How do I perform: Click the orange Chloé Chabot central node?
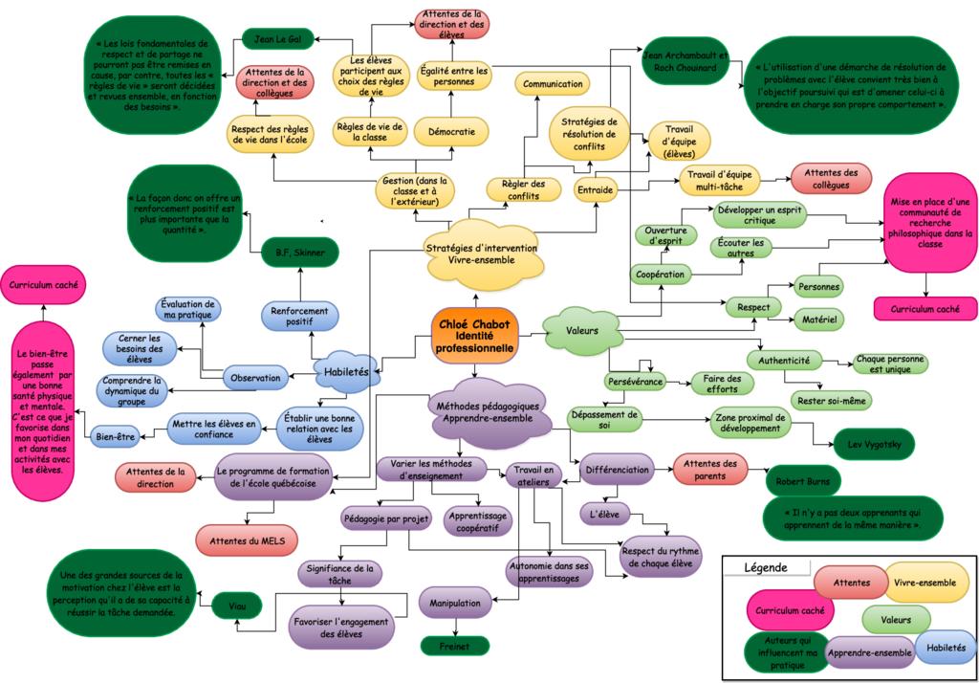(474, 335)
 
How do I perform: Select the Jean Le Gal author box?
(278, 39)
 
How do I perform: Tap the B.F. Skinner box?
(299, 253)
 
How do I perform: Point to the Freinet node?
(454, 645)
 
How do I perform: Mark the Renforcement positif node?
(299, 317)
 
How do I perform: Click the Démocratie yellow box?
(451, 131)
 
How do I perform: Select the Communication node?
(553, 84)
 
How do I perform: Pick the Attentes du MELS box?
(247, 540)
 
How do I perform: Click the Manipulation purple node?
(455, 603)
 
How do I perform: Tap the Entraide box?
(595, 189)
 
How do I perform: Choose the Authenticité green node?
(784, 361)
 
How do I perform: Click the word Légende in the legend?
(765, 567)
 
